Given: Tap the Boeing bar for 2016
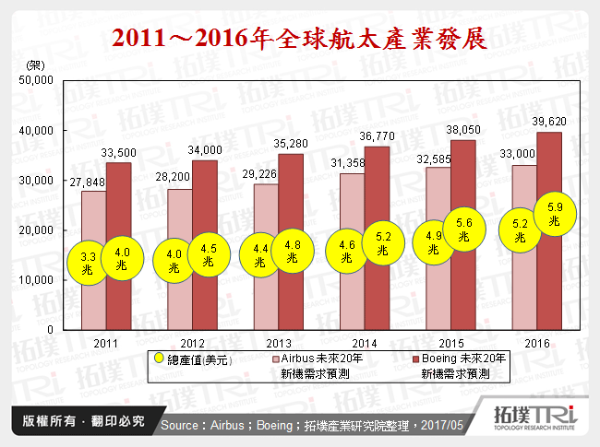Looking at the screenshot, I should [547, 276].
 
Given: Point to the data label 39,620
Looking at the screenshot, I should [547, 122].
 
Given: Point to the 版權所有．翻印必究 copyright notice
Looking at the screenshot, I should [78, 421].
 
